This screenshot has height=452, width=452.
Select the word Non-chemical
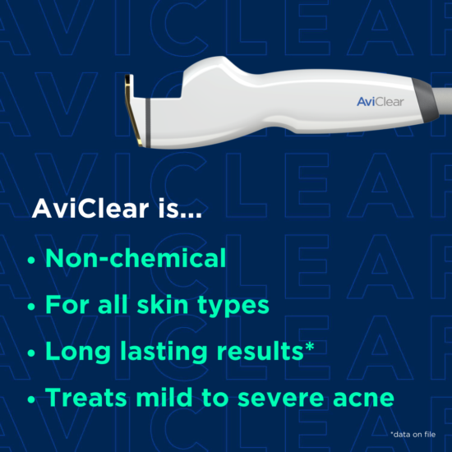click(x=136, y=259)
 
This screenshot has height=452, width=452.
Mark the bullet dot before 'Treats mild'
click(x=32, y=399)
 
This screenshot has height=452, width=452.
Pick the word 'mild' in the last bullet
click(x=173, y=398)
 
